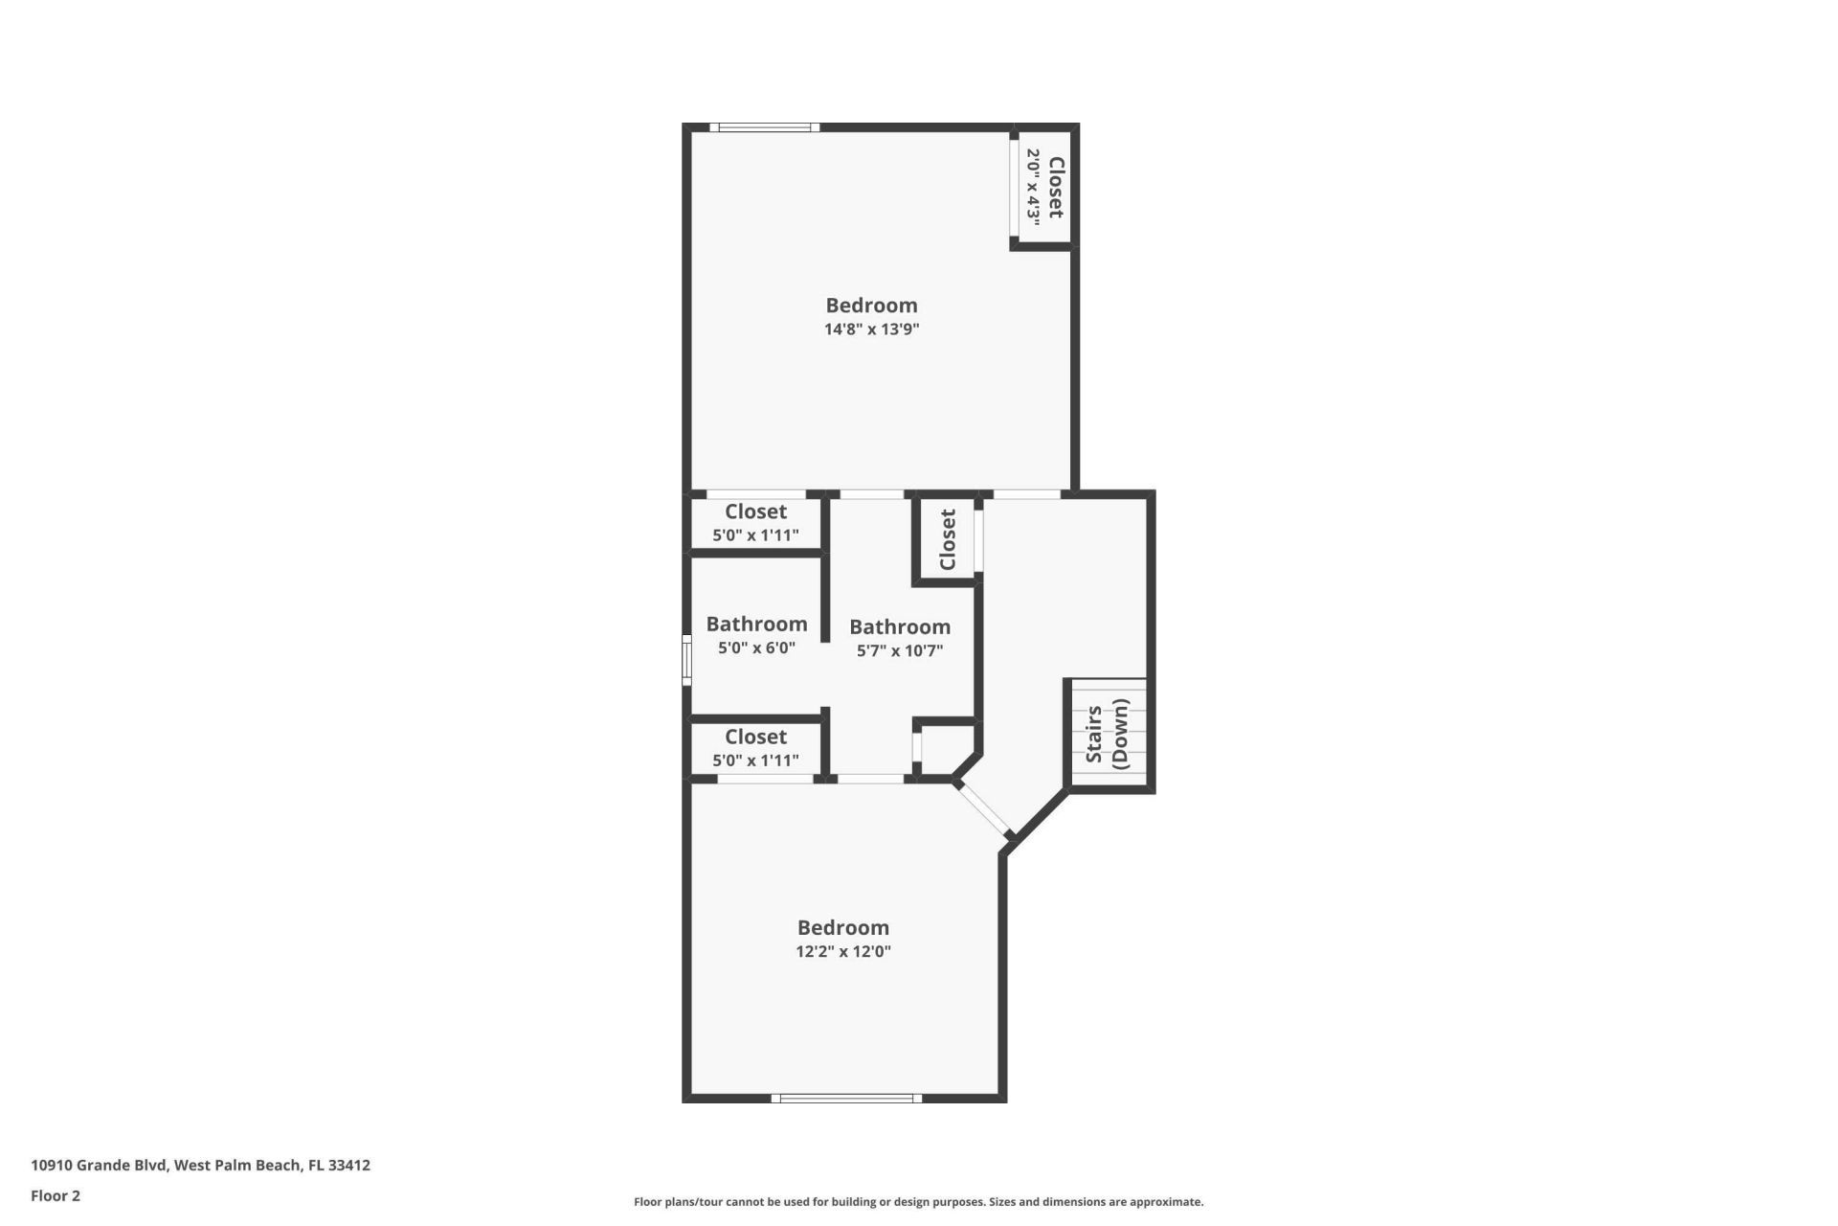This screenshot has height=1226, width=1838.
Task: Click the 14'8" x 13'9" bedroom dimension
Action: coord(871,329)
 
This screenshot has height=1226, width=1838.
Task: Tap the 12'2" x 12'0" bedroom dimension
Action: coord(842,952)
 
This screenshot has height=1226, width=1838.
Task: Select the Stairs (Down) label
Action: coord(1108,734)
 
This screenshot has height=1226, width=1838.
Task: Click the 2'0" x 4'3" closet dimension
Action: coord(1034,187)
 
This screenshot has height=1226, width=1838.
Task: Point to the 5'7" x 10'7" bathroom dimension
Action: coord(899,651)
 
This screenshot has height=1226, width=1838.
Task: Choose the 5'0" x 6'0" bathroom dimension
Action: coord(756,648)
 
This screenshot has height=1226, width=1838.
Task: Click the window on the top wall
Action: coord(764,127)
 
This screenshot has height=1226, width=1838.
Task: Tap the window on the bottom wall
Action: coord(846,1099)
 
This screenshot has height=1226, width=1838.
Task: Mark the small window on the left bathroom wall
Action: coord(686,660)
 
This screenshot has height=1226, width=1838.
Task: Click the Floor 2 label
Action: coord(56,1196)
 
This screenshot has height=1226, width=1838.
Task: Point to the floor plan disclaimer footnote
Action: coord(918,1202)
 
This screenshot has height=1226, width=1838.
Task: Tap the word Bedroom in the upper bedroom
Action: coord(871,306)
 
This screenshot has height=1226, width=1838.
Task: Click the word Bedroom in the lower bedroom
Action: coord(842,928)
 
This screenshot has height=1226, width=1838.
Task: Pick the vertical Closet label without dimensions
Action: coord(948,539)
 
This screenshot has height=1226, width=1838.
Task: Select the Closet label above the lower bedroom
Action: coord(755,737)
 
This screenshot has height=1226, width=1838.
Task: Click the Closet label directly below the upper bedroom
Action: coord(755,511)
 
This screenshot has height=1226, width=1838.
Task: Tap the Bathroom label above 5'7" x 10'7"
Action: coord(899,627)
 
